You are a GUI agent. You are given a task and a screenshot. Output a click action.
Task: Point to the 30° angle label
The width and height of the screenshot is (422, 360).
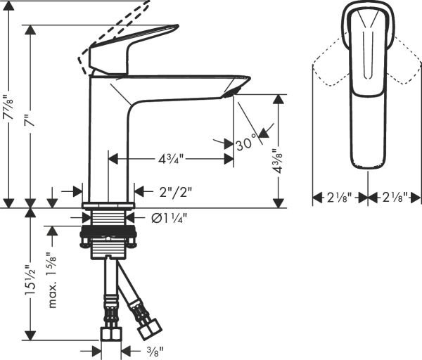coord(245,144)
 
